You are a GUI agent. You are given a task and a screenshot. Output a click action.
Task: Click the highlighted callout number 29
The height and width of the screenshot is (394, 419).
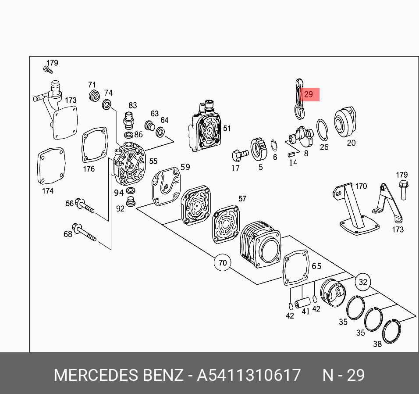pos(309,94)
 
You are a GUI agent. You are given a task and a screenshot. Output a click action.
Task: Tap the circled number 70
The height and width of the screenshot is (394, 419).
pos(223,263)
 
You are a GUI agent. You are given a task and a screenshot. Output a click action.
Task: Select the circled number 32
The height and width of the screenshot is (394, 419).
pos(362,282)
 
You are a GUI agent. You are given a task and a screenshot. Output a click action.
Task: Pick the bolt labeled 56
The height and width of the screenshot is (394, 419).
pos(85,205)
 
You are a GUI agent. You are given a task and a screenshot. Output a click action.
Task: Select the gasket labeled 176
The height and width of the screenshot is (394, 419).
pos(94,145)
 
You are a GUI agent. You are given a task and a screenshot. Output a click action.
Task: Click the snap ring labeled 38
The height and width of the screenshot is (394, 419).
pos(392,331)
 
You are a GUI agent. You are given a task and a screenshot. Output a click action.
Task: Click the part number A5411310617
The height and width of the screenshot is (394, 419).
pos(249,376)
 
